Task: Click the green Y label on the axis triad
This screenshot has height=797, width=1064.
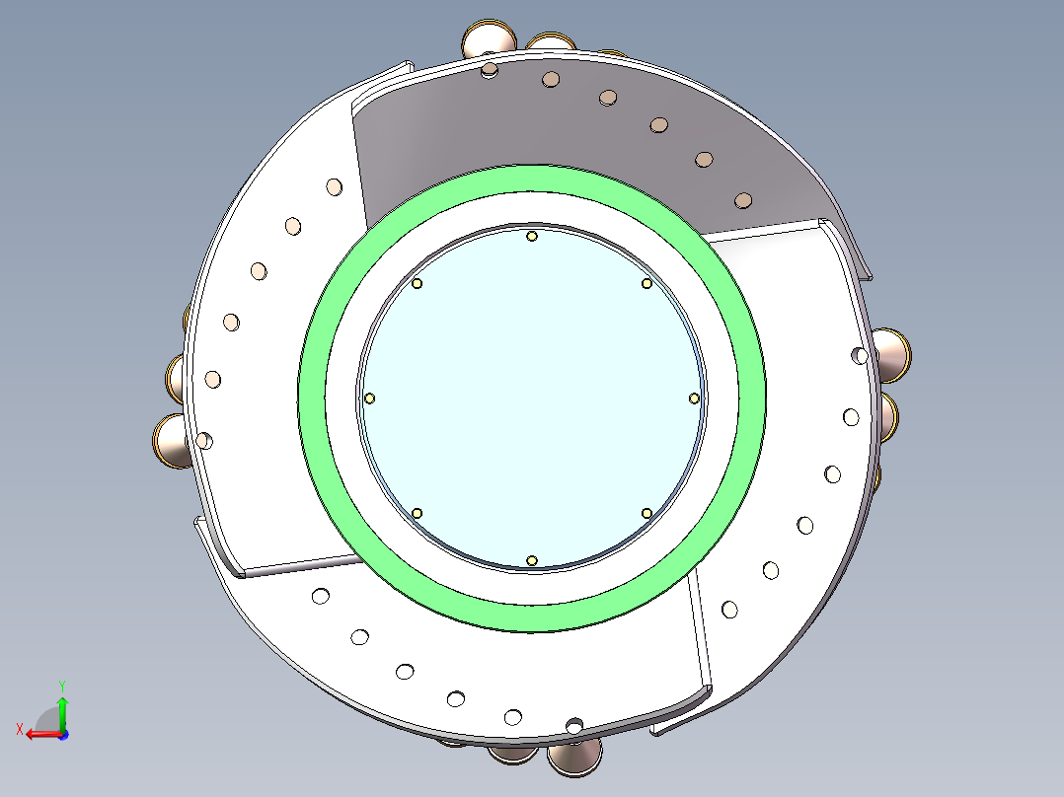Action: [61, 684]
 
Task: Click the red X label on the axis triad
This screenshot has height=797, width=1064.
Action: [19, 729]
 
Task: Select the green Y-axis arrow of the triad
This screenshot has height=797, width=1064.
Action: [61, 711]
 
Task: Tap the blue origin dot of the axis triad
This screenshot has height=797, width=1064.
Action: [62, 734]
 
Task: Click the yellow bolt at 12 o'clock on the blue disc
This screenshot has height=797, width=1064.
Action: [532, 236]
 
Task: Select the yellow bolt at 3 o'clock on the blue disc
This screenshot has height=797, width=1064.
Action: [694, 398]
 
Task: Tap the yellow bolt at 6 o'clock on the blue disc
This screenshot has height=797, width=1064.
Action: [532, 560]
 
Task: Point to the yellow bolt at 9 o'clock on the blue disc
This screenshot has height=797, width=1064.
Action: [370, 398]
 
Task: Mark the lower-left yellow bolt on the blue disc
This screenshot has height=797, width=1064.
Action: [418, 513]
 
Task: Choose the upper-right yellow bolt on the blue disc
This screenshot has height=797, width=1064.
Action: [646, 283]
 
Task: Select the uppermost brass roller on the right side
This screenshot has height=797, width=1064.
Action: [892, 354]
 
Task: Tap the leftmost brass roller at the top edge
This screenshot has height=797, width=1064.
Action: [488, 40]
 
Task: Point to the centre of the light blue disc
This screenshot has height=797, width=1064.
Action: [532, 398]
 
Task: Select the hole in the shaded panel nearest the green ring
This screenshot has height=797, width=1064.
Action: [743, 200]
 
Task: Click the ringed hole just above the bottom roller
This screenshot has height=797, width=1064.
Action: [574, 726]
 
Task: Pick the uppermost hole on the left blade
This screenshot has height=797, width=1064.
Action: [334, 185]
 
